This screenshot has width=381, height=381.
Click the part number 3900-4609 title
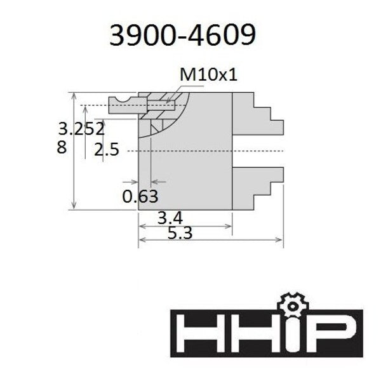[182, 35]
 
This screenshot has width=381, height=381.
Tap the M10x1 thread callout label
[208, 74]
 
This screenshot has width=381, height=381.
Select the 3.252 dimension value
[81, 129]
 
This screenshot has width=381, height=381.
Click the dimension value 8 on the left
[62, 147]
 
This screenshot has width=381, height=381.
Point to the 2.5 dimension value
[107, 149]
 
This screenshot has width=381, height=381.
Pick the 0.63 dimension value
[140, 196]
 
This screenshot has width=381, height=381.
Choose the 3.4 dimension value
[170, 218]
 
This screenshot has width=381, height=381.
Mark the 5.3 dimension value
[180, 233]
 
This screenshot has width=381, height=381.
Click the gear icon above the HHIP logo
[293, 305]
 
